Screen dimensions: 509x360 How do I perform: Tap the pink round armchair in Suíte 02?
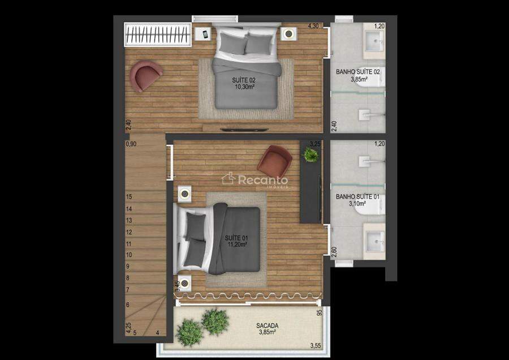click(145, 76)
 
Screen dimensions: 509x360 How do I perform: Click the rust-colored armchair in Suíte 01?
click(275, 162)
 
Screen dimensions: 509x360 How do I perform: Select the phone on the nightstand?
click(205, 34)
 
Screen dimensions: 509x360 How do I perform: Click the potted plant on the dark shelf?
click(310, 154)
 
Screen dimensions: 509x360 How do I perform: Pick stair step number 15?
click(129, 196)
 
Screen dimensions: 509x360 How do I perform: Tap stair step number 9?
click(128, 266)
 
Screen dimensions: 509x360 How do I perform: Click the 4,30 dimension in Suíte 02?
click(313, 26)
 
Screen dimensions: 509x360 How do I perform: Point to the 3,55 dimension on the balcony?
click(315, 345)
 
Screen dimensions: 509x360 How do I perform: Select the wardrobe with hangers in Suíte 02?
click(157, 35)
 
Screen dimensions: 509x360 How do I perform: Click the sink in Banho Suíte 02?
click(374, 41)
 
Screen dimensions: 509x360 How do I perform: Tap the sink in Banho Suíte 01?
click(374, 241)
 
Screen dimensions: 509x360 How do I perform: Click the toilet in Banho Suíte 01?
click(370, 205)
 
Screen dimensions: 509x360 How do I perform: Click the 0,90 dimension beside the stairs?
click(131, 144)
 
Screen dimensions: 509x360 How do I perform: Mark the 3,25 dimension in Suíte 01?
click(315, 144)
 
